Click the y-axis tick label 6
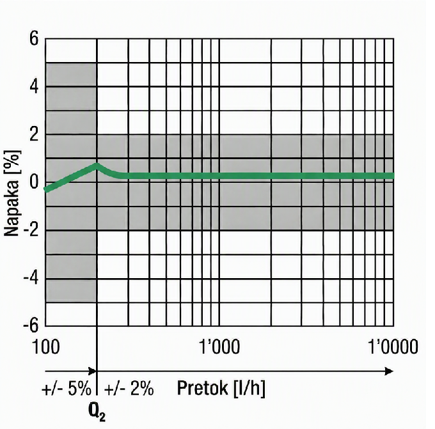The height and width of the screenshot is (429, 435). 34,40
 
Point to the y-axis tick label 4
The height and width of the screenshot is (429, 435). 34,88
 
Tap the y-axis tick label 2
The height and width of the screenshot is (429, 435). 34,135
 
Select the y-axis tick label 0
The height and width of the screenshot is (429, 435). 34,183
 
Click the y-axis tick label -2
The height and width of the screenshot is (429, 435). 31,230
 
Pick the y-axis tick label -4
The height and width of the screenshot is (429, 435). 31,278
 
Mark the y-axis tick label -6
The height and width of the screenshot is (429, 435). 31,325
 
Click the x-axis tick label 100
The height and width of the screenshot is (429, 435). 46,347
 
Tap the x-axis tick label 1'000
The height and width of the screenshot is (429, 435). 219,347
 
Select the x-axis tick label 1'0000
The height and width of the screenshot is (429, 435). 393,347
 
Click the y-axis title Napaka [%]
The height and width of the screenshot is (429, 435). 13,193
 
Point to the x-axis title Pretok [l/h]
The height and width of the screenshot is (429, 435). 221,388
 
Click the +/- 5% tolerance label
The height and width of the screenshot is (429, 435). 67,389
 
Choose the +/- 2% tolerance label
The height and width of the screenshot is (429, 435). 129,389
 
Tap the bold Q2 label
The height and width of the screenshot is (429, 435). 97,414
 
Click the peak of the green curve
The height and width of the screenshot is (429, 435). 96,166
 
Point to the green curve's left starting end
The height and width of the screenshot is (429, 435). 46,190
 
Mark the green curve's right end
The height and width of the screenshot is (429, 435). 393,176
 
